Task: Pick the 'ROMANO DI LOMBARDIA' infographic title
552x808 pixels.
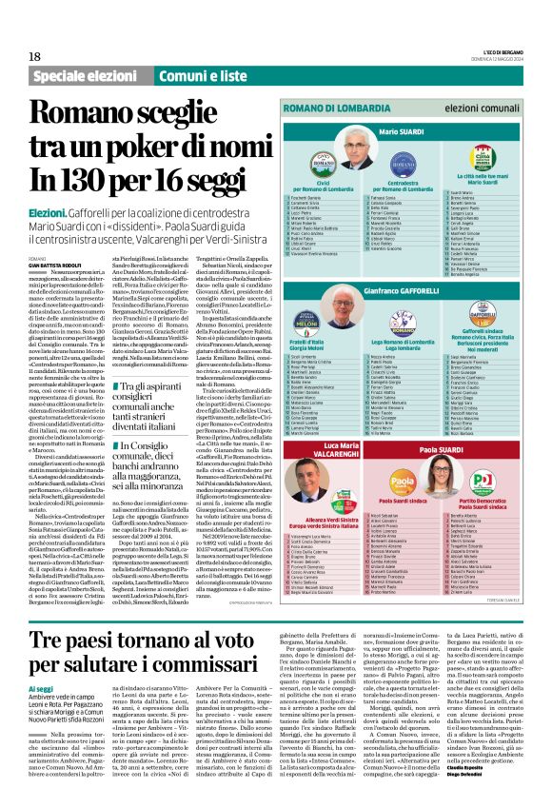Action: pos(361,110)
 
